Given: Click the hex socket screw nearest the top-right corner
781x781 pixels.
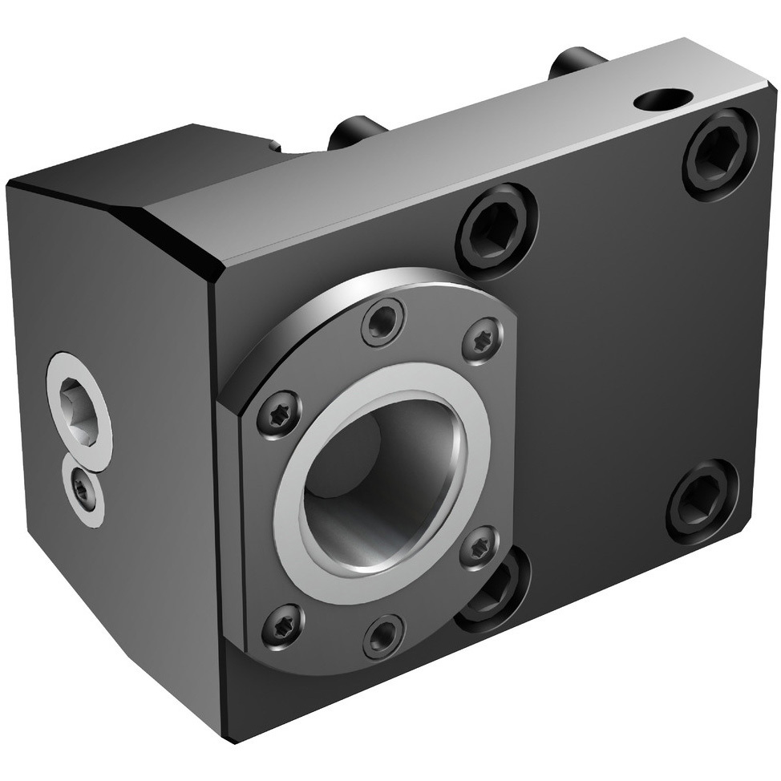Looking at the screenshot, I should tap(719, 153).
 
